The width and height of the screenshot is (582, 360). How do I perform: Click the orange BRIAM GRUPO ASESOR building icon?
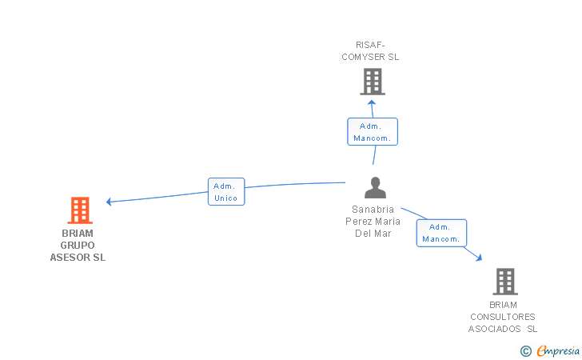point(79,210)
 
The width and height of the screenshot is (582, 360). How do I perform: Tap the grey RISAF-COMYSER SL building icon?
point(372,81)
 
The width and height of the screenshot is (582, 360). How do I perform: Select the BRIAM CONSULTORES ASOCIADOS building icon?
point(504,281)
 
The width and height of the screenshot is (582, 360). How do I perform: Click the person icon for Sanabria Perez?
point(375,188)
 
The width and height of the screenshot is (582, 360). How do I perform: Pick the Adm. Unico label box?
point(226,192)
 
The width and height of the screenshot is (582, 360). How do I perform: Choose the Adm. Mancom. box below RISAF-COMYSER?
point(372,132)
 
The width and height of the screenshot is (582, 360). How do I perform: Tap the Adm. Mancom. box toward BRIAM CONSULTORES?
point(441,233)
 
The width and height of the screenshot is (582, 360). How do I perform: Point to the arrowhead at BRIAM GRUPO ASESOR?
point(110,202)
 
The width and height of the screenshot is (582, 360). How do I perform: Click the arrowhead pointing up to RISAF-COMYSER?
point(372,101)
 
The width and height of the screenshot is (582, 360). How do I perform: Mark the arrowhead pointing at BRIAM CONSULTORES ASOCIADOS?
point(479,258)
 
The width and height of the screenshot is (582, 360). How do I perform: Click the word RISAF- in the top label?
point(370,45)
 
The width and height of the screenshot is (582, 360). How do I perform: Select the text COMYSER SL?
point(370,57)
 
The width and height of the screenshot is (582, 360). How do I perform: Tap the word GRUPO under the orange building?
point(78,246)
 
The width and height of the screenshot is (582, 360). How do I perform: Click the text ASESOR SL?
point(78,258)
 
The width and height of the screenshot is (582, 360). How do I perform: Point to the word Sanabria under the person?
point(373,210)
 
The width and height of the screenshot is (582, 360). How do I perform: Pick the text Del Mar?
point(373,234)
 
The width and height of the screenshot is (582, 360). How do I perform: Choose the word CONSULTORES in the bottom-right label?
point(503,317)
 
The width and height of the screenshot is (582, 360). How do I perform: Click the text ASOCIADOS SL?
point(503,329)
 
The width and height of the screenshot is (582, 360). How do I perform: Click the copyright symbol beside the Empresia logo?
point(526,350)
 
